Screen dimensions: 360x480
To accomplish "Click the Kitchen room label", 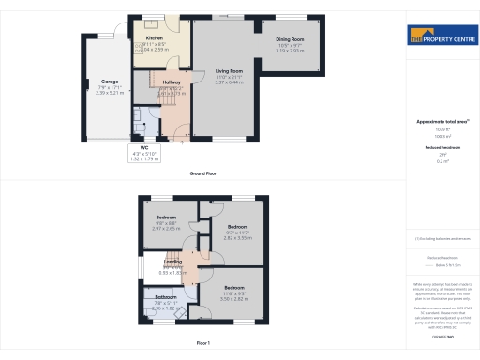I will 156,38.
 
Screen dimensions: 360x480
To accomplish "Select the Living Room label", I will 229,70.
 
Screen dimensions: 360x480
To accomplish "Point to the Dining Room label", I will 290,39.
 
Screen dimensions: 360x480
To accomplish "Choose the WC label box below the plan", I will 145,152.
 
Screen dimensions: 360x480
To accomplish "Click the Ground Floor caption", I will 203,173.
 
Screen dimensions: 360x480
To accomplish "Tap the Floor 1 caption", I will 203,344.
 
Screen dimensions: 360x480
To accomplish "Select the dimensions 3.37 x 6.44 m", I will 229,82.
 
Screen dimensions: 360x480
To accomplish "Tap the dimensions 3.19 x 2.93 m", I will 290,51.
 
